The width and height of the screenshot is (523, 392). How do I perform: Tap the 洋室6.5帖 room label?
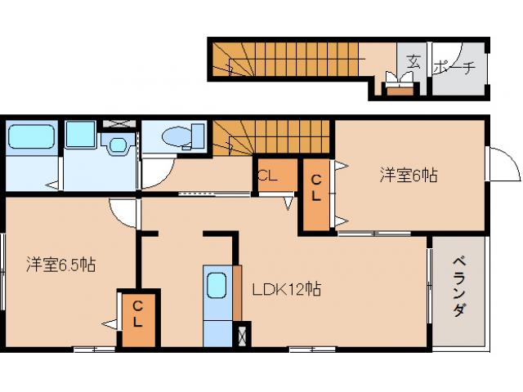pyautogui.click(x=61, y=265)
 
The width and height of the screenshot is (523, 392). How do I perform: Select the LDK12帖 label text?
pyautogui.click(x=285, y=289)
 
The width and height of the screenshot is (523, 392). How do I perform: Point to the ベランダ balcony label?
pyautogui.click(x=459, y=291)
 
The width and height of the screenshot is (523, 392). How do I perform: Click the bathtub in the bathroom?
pyautogui.click(x=32, y=136)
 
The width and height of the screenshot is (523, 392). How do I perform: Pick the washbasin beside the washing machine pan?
pyautogui.click(x=118, y=145)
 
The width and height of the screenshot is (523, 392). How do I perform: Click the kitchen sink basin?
pyautogui.click(x=217, y=286)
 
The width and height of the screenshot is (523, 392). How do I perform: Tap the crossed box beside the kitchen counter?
pyautogui.click(x=240, y=335)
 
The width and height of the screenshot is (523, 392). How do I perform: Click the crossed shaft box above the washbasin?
pyautogui.click(x=118, y=125)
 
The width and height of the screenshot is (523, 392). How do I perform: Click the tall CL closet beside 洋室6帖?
pyautogui.click(x=317, y=194)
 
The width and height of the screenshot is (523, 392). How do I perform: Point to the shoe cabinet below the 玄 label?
pyautogui.click(x=400, y=88)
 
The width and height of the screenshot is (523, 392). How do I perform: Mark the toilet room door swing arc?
pyautogui.click(x=155, y=171)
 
